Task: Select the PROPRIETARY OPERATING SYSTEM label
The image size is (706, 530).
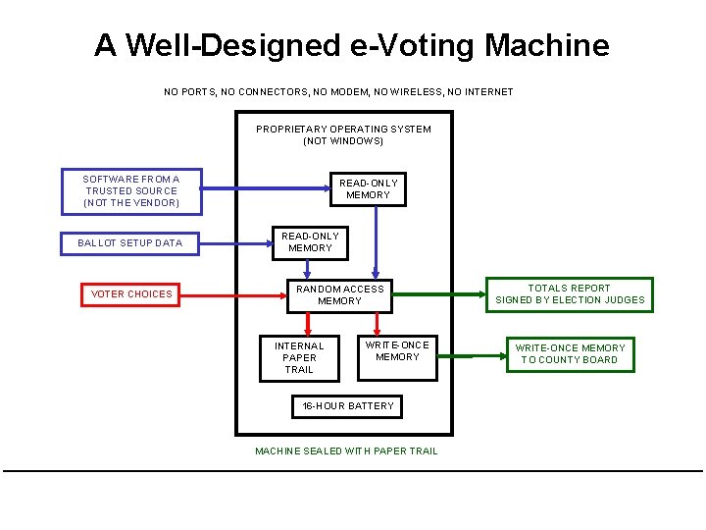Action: (343, 134)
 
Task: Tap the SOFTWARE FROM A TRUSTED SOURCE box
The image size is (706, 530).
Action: (131, 190)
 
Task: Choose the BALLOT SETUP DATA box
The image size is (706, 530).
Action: (129, 242)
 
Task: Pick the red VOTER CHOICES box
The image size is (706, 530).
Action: (130, 293)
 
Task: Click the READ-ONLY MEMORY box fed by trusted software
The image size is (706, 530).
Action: (369, 188)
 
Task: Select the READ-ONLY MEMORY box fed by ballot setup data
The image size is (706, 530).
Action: (310, 241)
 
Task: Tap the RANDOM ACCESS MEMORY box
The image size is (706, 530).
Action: (340, 294)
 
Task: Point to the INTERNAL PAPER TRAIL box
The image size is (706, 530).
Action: (299, 357)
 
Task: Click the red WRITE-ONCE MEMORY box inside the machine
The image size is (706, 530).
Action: (397, 351)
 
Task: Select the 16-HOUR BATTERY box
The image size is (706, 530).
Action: (347, 405)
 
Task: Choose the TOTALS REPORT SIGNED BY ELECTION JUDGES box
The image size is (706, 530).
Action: (570, 294)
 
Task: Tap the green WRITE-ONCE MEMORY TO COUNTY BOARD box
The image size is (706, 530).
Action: (570, 353)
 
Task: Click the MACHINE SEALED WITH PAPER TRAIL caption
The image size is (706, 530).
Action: (346, 450)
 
